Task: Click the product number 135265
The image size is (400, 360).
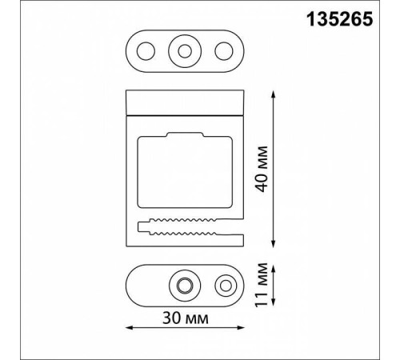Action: [x=339, y=19]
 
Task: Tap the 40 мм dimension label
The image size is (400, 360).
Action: [x=261, y=169]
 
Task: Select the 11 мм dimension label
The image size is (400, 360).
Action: [x=261, y=285]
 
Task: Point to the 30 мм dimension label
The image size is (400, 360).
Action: [x=186, y=318]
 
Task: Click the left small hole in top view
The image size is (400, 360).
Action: [x=146, y=51]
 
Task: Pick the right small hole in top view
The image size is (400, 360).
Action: [x=224, y=51]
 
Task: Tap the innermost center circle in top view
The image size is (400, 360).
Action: [x=185, y=51]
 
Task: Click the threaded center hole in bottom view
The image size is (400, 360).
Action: [x=185, y=286]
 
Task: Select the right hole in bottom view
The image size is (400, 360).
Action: [x=226, y=286]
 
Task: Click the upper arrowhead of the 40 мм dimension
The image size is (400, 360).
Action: [x=273, y=94]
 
